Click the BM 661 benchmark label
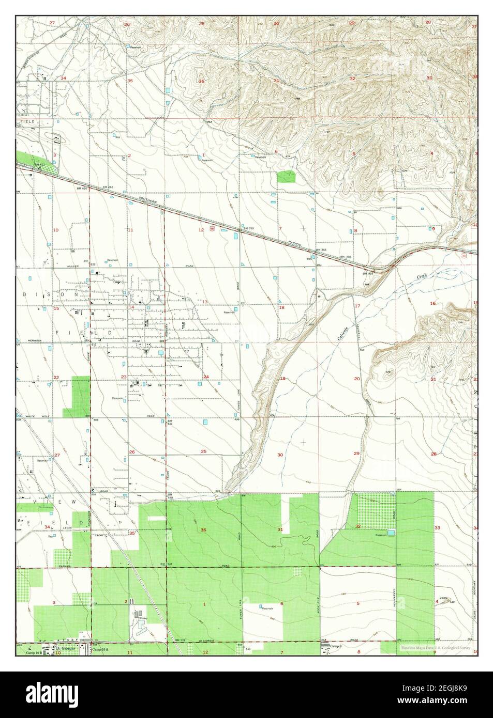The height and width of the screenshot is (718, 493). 108,186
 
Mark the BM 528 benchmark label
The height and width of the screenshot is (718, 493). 180,640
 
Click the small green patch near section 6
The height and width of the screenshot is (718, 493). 286,176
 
